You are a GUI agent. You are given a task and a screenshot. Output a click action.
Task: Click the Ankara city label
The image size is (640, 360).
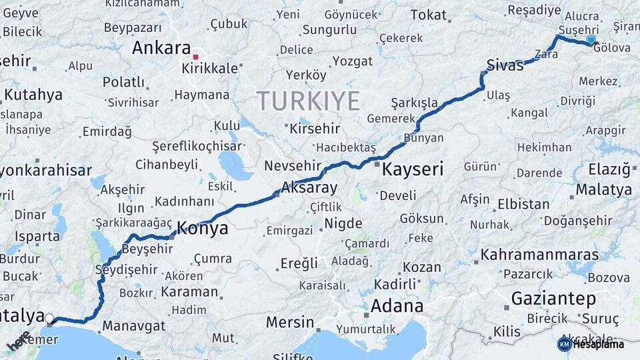click(x=161, y=48)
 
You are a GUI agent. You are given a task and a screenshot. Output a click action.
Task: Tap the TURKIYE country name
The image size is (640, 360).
click(x=309, y=101)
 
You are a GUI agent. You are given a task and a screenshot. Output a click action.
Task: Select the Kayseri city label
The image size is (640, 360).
click(x=413, y=169)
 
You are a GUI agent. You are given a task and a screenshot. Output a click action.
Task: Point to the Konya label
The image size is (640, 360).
click(x=202, y=228)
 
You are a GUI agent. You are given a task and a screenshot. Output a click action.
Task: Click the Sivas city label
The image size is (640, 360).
click(x=505, y=65)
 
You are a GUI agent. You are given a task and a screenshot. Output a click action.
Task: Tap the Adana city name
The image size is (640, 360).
click(x=397, y=306)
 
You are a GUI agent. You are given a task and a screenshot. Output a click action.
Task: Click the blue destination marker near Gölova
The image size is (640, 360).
click(x=590, y=41)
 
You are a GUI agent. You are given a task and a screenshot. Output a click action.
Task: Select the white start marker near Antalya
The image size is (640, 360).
click(x=49, y=319)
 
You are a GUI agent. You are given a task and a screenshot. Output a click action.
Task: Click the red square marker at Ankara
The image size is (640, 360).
click(x=195, y=57)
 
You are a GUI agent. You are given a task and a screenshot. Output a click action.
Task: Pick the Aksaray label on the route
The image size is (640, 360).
click(x=309, y=187)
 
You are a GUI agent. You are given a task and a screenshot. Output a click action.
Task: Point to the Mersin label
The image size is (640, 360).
click(x=290, y=323)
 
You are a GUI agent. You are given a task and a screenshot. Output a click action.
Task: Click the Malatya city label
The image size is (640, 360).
click(x=603, y=189)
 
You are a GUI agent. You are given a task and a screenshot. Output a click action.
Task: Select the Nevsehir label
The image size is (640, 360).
click(x=293, y=165)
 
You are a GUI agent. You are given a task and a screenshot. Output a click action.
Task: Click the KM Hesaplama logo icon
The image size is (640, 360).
click(x=564, y=344)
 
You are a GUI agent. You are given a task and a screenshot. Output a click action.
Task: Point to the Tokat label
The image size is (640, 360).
click(x=429, y=15)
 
